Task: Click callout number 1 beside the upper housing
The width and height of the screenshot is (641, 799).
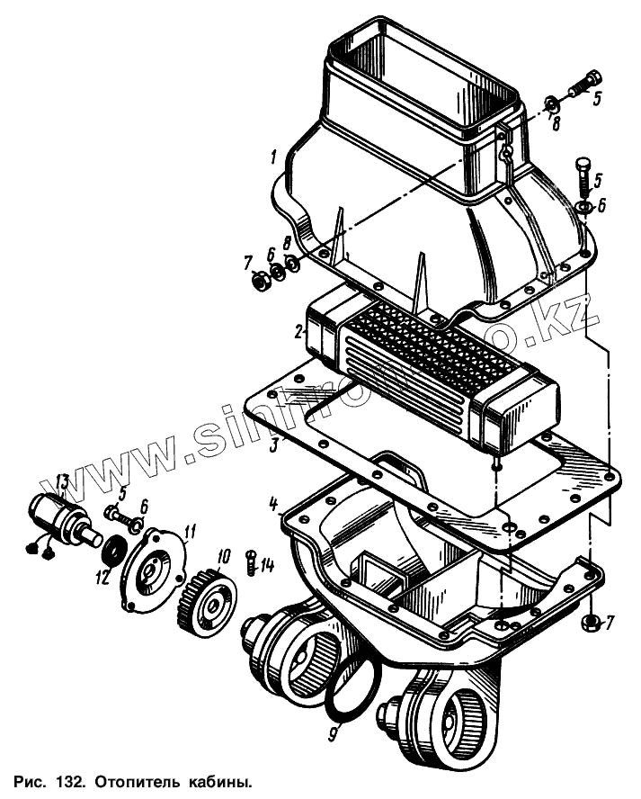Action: point(272,158)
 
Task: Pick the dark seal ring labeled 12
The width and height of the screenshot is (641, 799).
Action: point(115,549)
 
